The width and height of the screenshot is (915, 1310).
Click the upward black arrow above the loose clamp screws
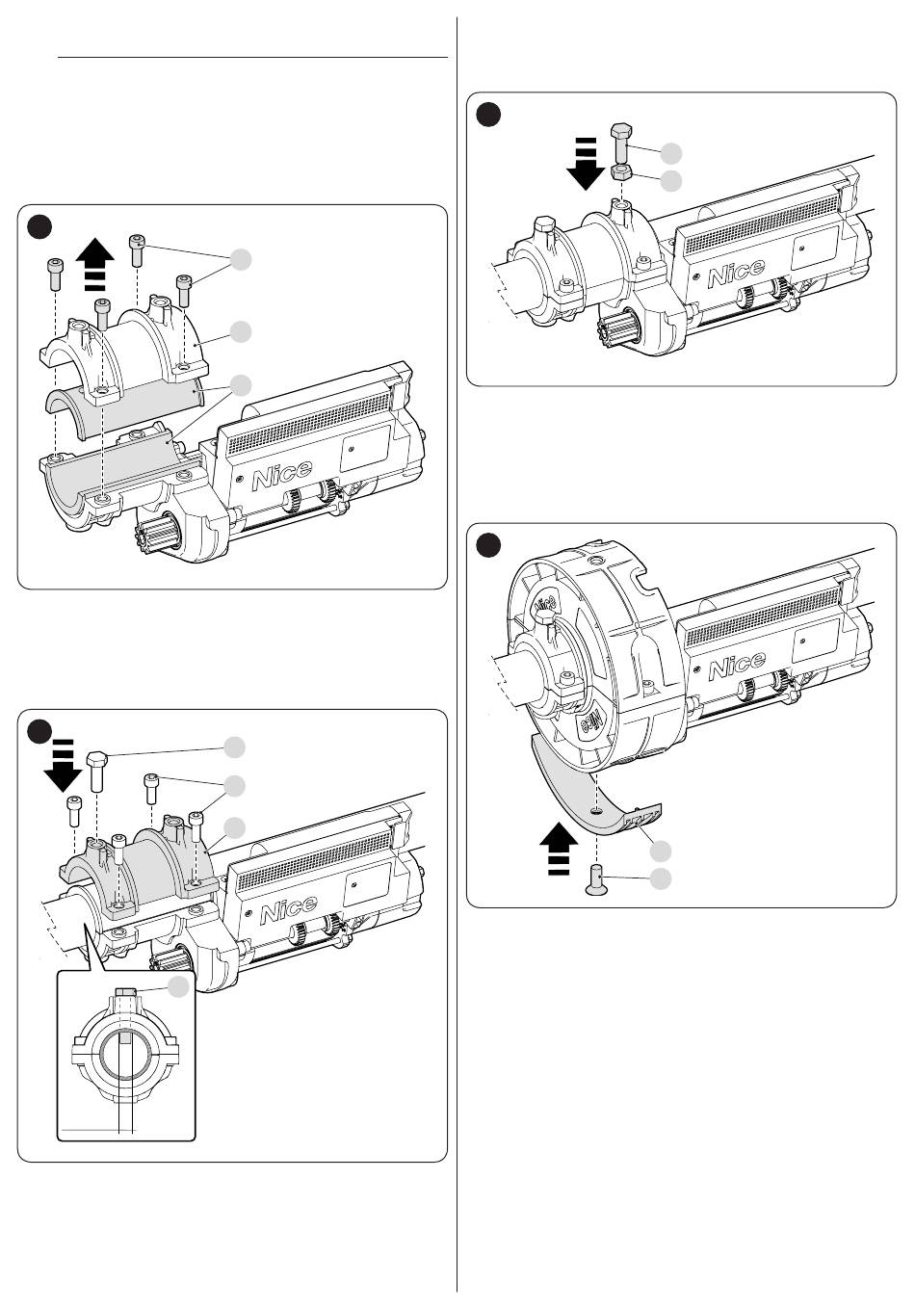point(95,265)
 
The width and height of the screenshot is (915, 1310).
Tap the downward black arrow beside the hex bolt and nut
point(586,163)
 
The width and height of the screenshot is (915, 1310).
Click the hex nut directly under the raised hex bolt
point(621,172)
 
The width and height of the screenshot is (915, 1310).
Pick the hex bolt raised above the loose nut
point(621,143)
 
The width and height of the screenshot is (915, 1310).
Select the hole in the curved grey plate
point(595,811)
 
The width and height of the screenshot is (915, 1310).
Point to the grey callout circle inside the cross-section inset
point(178,987)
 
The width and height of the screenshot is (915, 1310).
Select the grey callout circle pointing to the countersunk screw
point(661,879)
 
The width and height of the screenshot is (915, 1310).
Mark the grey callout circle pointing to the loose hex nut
point(671,181)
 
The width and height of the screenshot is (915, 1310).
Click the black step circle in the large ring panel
point(488,545)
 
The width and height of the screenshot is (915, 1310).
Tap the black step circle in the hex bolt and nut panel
point(488,114)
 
